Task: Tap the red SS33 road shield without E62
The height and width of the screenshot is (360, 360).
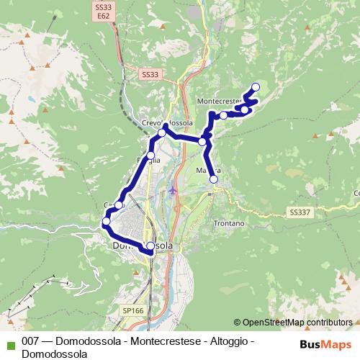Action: pos(149,74)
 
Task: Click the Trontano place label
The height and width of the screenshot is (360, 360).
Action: pos(229,224)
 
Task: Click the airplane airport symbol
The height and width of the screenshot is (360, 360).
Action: pos(171,191)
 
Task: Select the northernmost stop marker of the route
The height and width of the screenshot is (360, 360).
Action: pos(255,88)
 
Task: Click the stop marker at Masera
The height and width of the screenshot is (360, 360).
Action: pos(213,179)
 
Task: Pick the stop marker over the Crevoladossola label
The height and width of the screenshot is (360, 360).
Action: pos(163,132)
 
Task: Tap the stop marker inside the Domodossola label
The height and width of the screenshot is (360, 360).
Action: pos(150,246)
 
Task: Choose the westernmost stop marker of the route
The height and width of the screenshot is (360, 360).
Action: pos(106,222)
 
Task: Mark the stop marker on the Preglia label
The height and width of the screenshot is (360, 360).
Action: pos(151,156)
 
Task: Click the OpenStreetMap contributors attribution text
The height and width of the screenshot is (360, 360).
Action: pos(297,323)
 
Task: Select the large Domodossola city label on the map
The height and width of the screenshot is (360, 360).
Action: pos(143,246)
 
